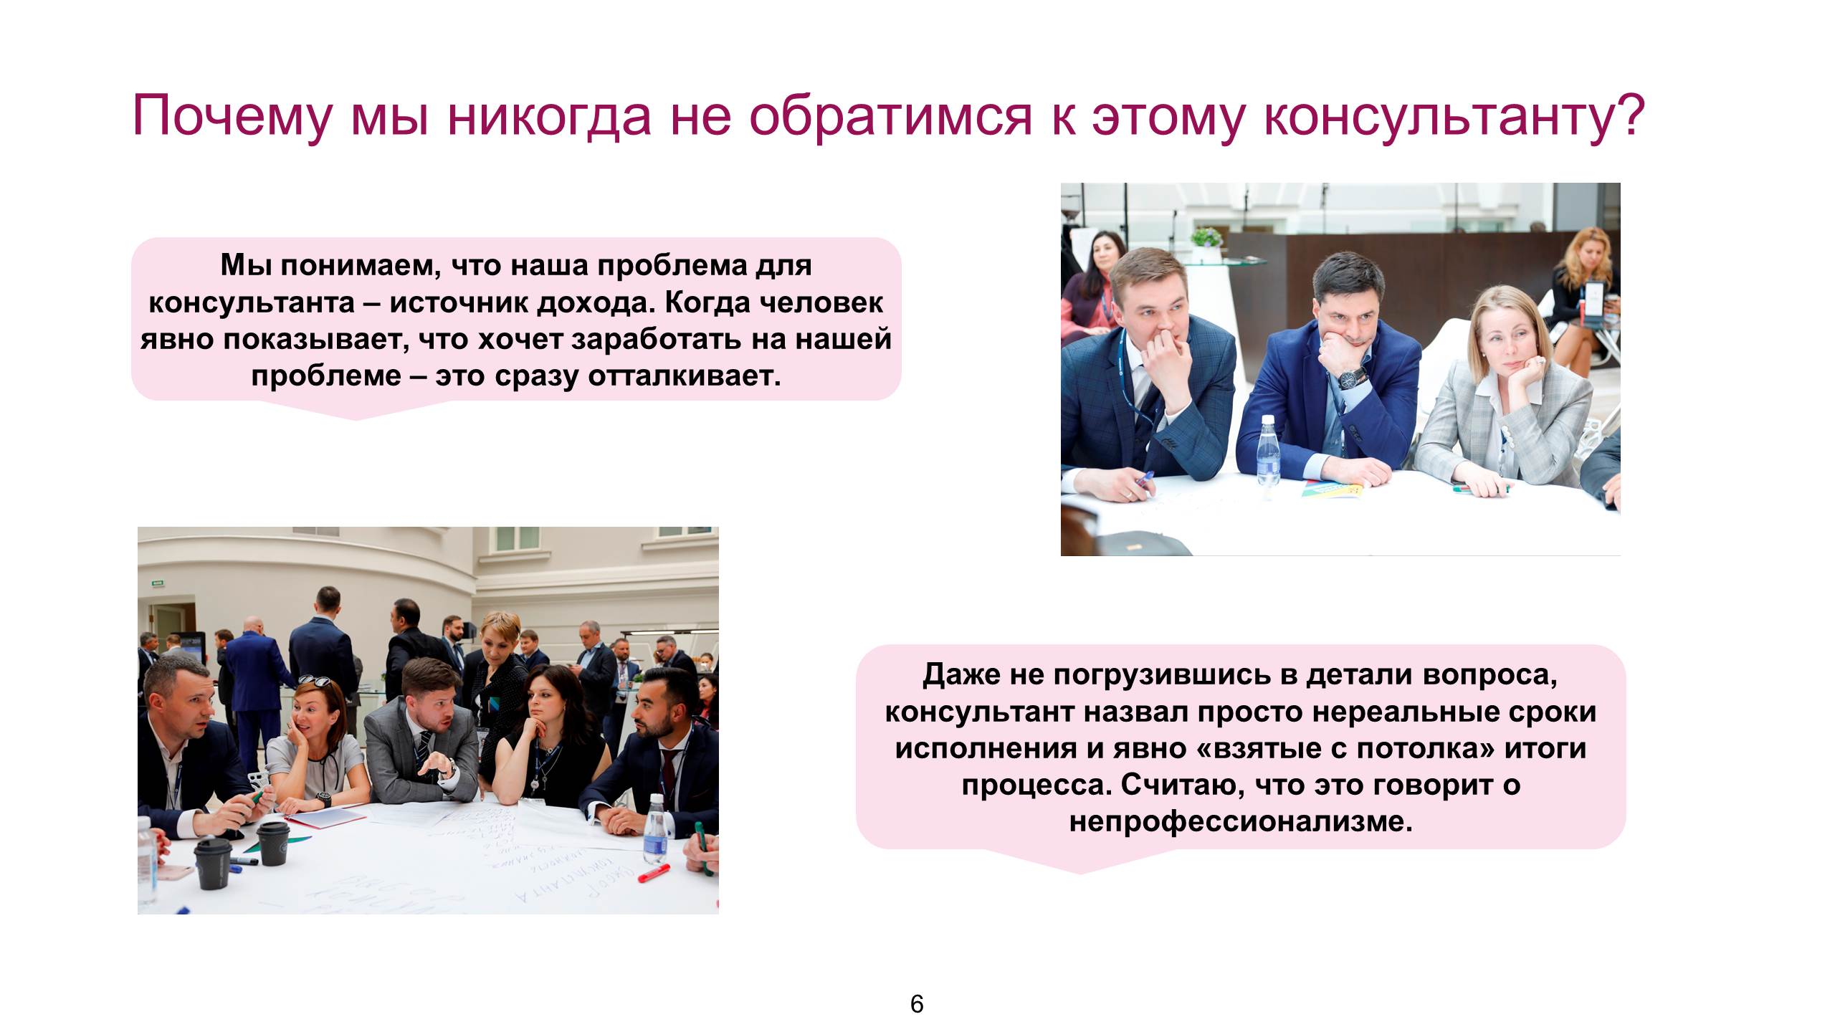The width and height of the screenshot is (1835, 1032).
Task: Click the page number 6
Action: coord(917,1004)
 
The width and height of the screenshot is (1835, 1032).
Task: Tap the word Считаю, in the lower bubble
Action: coord(1175,785)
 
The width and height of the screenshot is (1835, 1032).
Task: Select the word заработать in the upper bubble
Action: coord(655,340)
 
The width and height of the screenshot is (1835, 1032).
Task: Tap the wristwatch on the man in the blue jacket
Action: coord(1352,377)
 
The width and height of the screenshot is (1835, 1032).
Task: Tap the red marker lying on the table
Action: coord(653,873)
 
